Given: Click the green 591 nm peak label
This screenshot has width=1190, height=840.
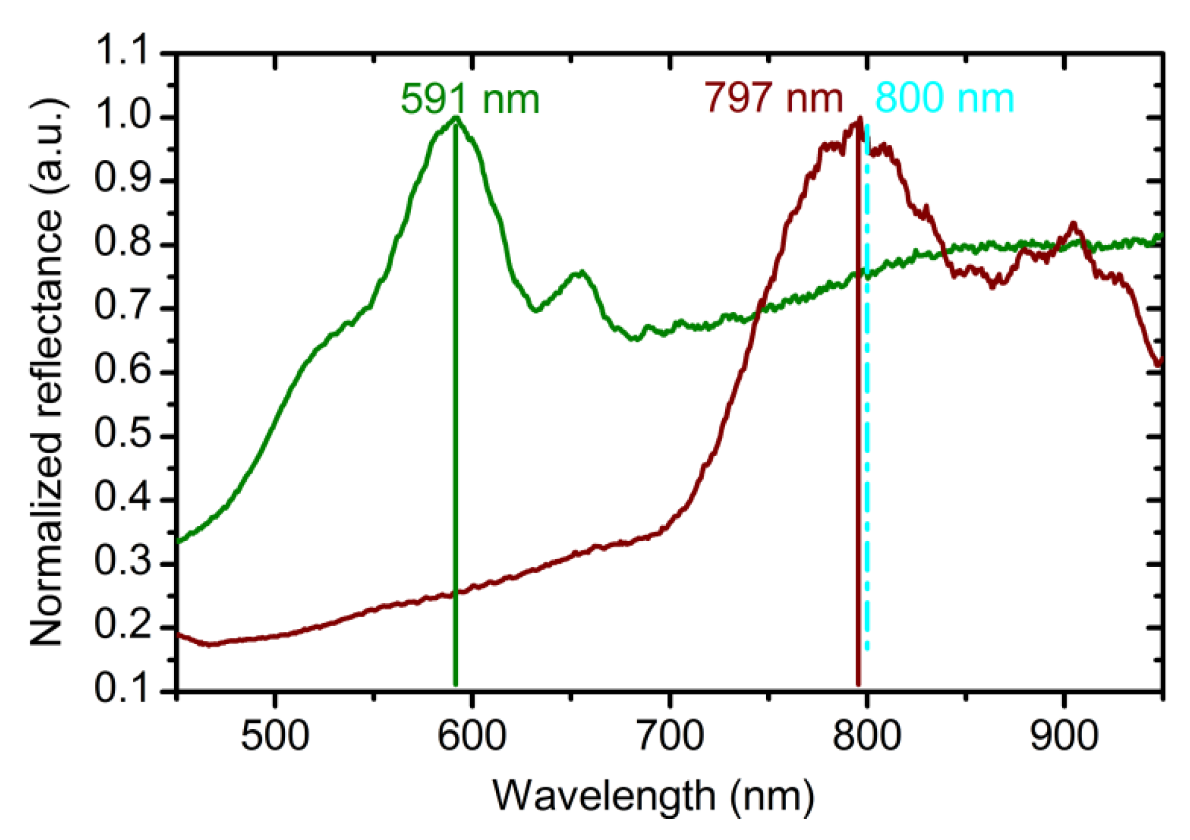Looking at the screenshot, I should coord(470,99).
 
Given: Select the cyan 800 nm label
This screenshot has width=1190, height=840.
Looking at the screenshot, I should coord(944,98).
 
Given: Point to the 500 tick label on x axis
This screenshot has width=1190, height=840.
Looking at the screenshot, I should coord(274,735).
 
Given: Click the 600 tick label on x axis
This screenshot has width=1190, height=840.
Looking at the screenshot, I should coord(471,735).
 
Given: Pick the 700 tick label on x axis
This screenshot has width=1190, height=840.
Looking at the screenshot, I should coord(669,735).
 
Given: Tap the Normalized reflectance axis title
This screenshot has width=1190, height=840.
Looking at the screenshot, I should coord(47,372).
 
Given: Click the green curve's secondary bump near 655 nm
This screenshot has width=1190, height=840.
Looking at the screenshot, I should coord(580,272).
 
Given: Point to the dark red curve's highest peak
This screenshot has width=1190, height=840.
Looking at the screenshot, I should coord(859,118).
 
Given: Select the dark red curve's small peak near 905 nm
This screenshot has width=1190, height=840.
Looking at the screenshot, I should coord(1073,223).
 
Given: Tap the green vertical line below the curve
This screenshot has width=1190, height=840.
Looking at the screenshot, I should coord(455,469).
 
